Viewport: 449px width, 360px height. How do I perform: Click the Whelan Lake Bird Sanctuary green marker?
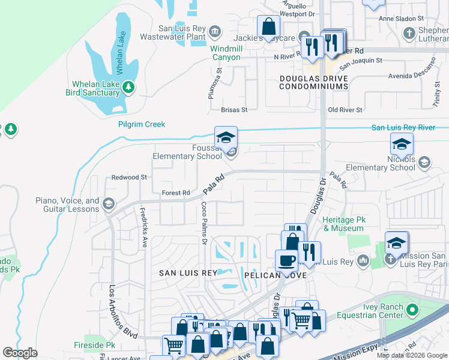[128, 88]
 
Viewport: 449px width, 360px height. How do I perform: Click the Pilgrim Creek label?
[141, 124]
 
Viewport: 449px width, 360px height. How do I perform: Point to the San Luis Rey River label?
[403, 127]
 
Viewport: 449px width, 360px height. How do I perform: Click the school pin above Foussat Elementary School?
[226, 137]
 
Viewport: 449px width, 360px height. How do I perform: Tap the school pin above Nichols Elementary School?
[402, 144]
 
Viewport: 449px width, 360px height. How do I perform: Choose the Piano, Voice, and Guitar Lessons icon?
[108, 203]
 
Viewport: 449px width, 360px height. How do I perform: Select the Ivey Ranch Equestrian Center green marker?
[411, 310]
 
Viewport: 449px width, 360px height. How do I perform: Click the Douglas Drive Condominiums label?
[313, 83]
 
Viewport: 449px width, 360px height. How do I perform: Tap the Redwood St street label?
[129, 178]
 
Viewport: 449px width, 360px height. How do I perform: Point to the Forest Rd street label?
[176, 193]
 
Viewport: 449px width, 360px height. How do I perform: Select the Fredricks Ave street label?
[143, 220]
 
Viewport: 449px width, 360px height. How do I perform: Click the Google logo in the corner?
[20, 352]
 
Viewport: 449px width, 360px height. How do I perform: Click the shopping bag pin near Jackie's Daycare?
[268, 26]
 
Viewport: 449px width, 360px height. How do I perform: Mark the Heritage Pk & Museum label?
[344, 224]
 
